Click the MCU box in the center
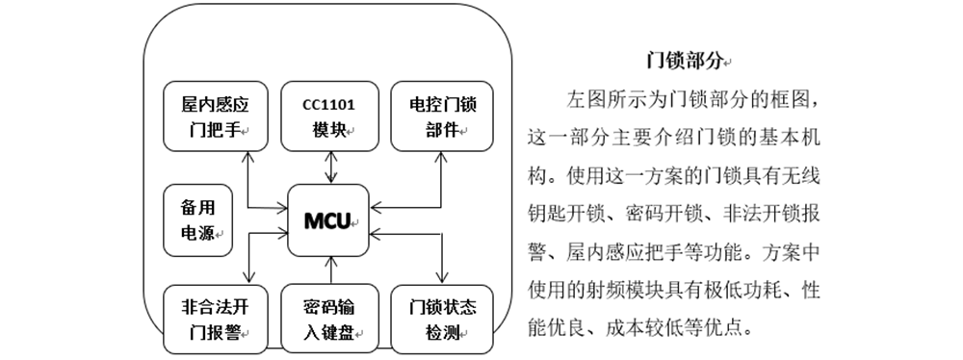point(330,219)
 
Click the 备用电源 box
point(197,219)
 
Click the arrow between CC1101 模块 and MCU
point(330,167)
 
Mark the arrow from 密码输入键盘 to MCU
point(330,270)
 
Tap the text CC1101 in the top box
point(329,104)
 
